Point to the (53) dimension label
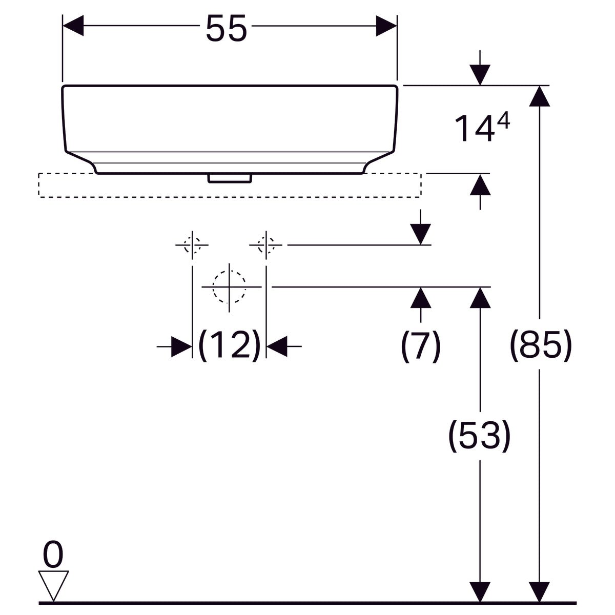tap(480, 436)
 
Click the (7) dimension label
tap(420, 346)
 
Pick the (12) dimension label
tap(229, 345)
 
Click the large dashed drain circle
tap(229, 286)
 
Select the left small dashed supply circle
tap(192, 245)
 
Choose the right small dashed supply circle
tap(266, 245)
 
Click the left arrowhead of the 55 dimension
tap(73, 26)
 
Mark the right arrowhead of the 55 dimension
tap(386, 26)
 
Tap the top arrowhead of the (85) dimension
tap(540, 96)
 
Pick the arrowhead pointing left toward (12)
tap(277, 346)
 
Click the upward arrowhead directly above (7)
tap(421, 298)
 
